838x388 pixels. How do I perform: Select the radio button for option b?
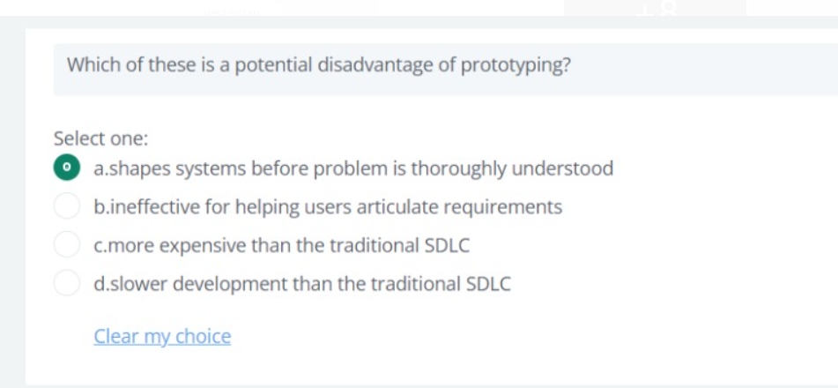point(67,207)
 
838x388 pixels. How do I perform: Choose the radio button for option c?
point(67,245)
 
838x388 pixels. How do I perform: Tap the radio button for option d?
point(67,284)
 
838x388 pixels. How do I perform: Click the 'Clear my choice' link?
point(162,336)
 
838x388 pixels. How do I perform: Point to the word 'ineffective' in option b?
point(153,207)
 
